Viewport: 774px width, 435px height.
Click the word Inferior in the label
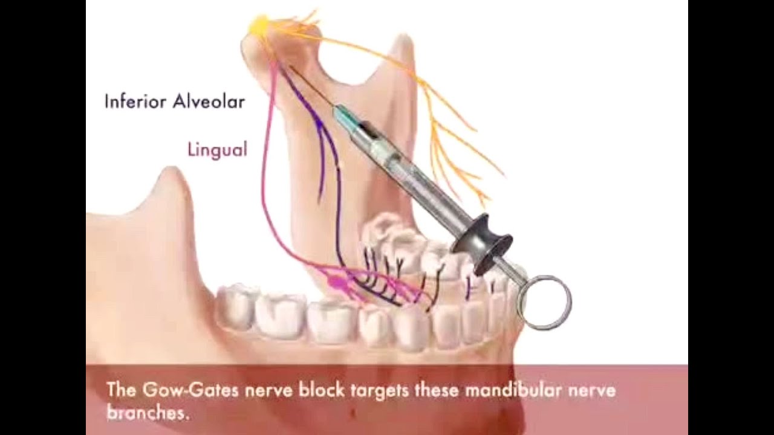pyautogui.click(x=136, y=101)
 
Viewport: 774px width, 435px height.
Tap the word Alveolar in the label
pyautogui.click(x=209, y=101)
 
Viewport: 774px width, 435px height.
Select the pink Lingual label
pyautogui.click(x=217, y=149)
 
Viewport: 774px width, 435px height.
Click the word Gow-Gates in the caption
pyautogui.click(x=189, y=390)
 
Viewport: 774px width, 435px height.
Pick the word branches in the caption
pyautogui.click(x=145, y=413)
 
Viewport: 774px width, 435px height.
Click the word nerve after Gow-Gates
pyautogui.click(x=270, y=390)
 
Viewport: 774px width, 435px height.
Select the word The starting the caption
pyautogui.click(x=120, y=390)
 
